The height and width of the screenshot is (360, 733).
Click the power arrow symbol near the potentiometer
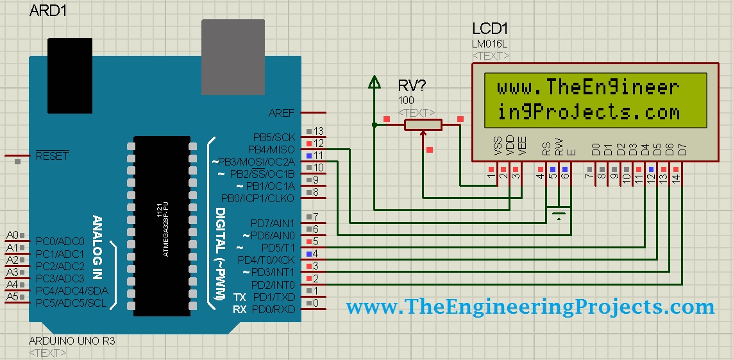click(x=374, y=82)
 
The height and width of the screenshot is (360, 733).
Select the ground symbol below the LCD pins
click(x=559, y=213)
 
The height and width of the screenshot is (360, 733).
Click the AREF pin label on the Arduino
click(x=282, y=113)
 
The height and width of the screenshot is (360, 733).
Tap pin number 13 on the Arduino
click(x=318, y=131)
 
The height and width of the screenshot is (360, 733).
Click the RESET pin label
click(x=52, y=156)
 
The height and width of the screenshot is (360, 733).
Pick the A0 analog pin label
click(x=12, y=236)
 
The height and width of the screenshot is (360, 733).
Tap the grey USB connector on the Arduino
click(x=233, y=56)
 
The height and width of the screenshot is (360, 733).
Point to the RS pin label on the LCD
click(x=546, y=150)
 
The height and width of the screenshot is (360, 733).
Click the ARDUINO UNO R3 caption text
click(x=72, y=341)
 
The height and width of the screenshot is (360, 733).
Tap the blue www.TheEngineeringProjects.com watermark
click(x=530, y=307)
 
